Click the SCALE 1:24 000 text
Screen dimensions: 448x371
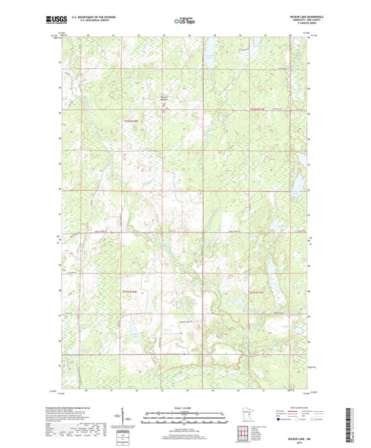point(185,407)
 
